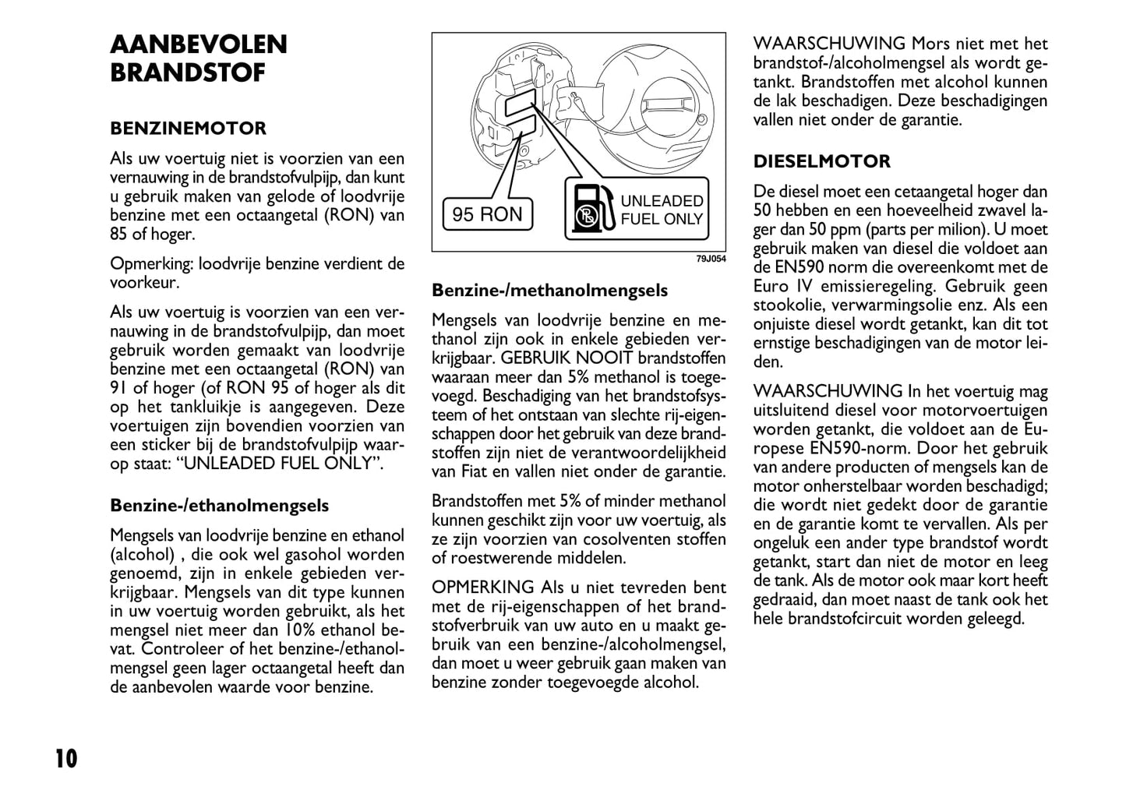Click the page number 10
(x=66, y=758)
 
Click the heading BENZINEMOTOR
(x=188, y=129)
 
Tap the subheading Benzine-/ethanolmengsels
(x=219, y=506)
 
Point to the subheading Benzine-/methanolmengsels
(x=549, y=291)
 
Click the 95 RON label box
(x=488, y=214)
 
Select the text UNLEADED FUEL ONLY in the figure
(x=662, y=210)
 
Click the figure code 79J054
(x=711, y=259)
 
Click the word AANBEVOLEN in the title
(x=199, y=44)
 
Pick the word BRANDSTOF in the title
(x=188, y=73)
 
